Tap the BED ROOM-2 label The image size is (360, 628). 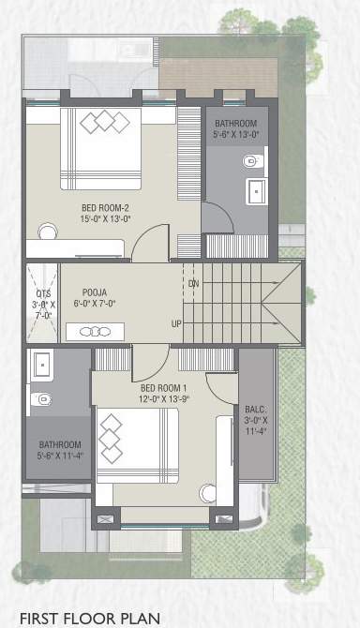[x=106, y=207]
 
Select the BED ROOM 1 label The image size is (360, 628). [x=164, y=388]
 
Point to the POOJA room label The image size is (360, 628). [x=94, y=292]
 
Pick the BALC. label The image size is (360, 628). [x=256, y=410]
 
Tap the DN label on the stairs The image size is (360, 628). [x=193, y=282]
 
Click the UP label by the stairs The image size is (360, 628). [x=176, y=324]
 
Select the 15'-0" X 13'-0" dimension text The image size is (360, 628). [x=106, y=218]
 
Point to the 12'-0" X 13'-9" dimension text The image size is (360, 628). [x=164, y=399]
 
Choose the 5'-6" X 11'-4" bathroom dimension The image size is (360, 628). [x=60, y=456]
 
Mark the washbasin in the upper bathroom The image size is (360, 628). [x=254, y=192]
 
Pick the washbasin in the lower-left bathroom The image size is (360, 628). [x=40, y=365]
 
